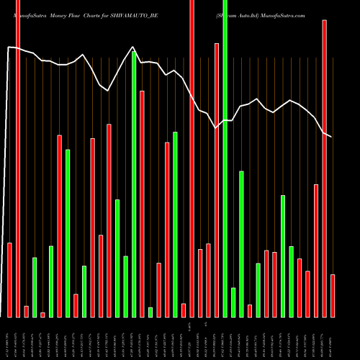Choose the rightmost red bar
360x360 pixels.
tap(333, 295)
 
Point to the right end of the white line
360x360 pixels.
tap(331, 137)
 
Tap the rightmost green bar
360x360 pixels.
tap(292, 281)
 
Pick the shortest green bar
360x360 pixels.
tap(150, 312)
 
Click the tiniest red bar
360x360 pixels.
tap(42, 315)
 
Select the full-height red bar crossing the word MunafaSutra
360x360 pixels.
tap(18, 158)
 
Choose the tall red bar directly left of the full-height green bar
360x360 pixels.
tap(217, 180)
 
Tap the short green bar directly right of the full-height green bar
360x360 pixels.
tap(233, 302)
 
